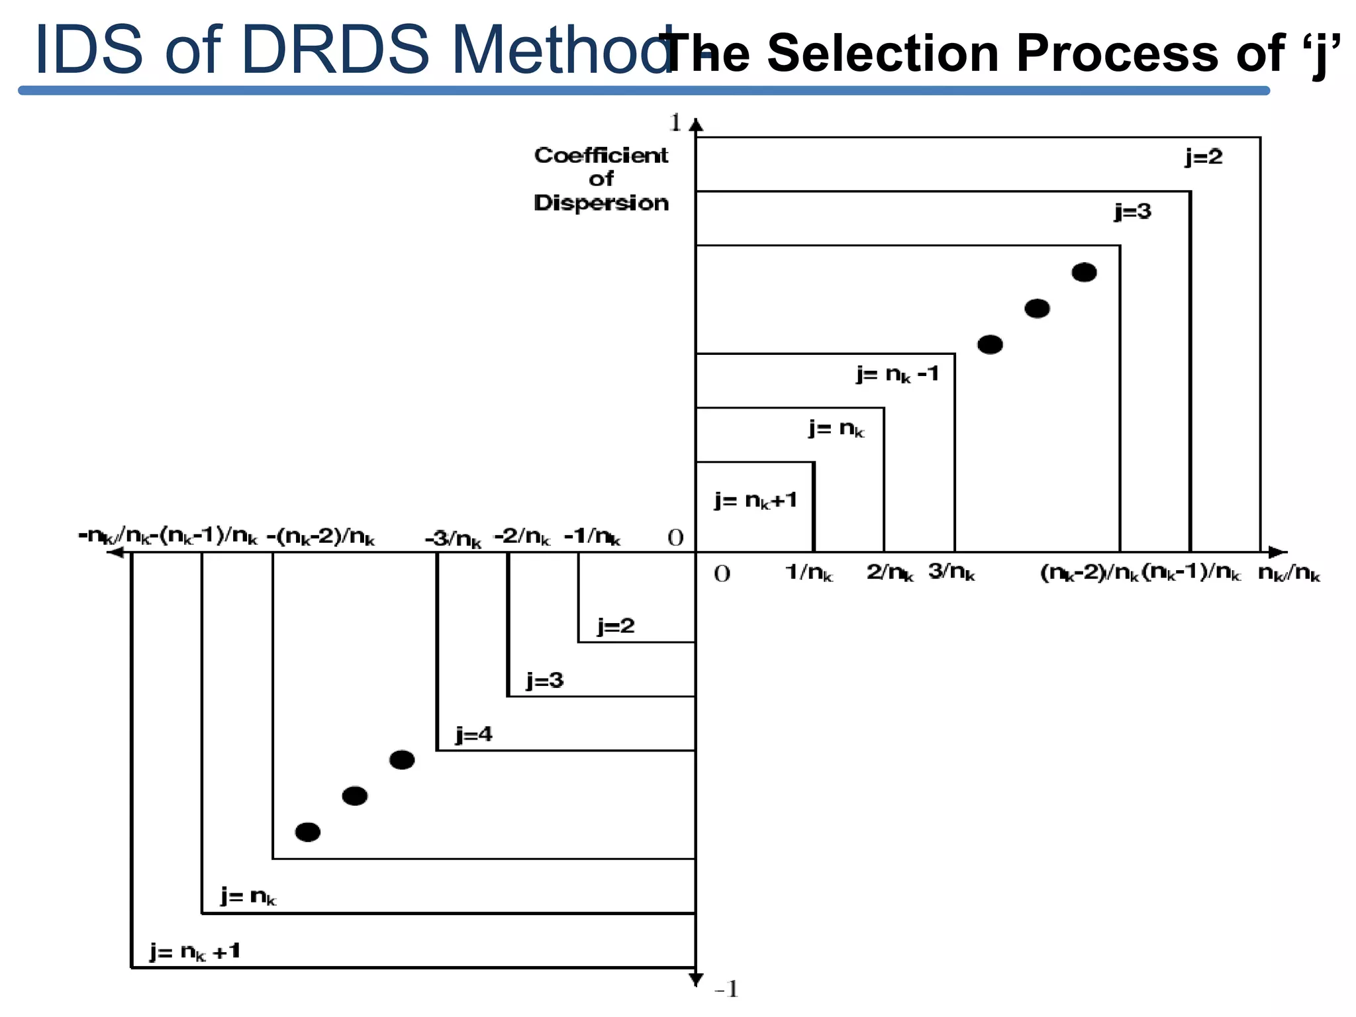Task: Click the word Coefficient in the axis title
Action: point(601,156)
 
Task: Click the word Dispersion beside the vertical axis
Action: point(601,203)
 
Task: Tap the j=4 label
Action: point(474,734)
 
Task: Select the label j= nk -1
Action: point(898,375)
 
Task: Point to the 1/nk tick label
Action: point(808,572)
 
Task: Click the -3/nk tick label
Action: point(453,539)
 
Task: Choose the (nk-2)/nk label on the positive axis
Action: point(1089,572)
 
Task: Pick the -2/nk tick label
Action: point(522,536)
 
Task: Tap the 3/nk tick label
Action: point(951,571)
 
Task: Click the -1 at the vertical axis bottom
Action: point(726,990)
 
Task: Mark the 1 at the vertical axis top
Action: point(675,122)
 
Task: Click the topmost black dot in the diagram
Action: point(1084,272)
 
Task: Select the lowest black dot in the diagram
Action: point(308,832)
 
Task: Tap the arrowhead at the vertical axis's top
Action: point(696,124)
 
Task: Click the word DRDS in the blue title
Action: point(336,50)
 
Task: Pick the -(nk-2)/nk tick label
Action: point(320,537)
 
